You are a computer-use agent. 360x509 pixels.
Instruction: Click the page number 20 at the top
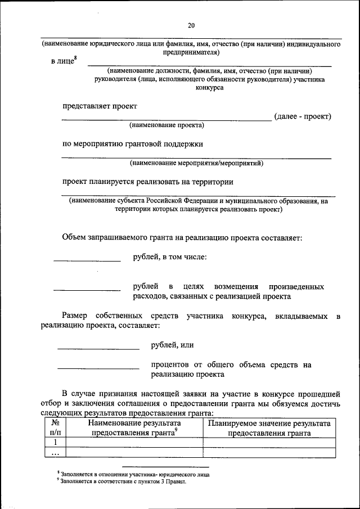point(191,25)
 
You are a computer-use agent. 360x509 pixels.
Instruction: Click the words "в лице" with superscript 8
point(64,61)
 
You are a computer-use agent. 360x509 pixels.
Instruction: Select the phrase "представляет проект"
point(100,106)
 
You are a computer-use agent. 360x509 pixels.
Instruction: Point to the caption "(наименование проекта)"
point(166,125)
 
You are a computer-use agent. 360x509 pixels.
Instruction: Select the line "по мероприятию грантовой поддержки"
point(133,144)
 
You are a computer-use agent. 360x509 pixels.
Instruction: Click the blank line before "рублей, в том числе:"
point(87,260)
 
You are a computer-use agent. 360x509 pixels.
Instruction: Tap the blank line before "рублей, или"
point(98,349)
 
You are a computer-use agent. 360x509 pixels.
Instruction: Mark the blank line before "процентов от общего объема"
point(98,368)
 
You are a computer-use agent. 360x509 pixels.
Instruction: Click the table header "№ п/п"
point(56,429)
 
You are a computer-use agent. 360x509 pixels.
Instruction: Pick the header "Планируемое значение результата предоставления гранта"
point(269,429)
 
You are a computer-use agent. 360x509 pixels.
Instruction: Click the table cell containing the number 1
point(56,443)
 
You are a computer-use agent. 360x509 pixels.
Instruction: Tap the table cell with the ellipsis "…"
point(56,452)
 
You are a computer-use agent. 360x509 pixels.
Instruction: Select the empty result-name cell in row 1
point(134,443)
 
